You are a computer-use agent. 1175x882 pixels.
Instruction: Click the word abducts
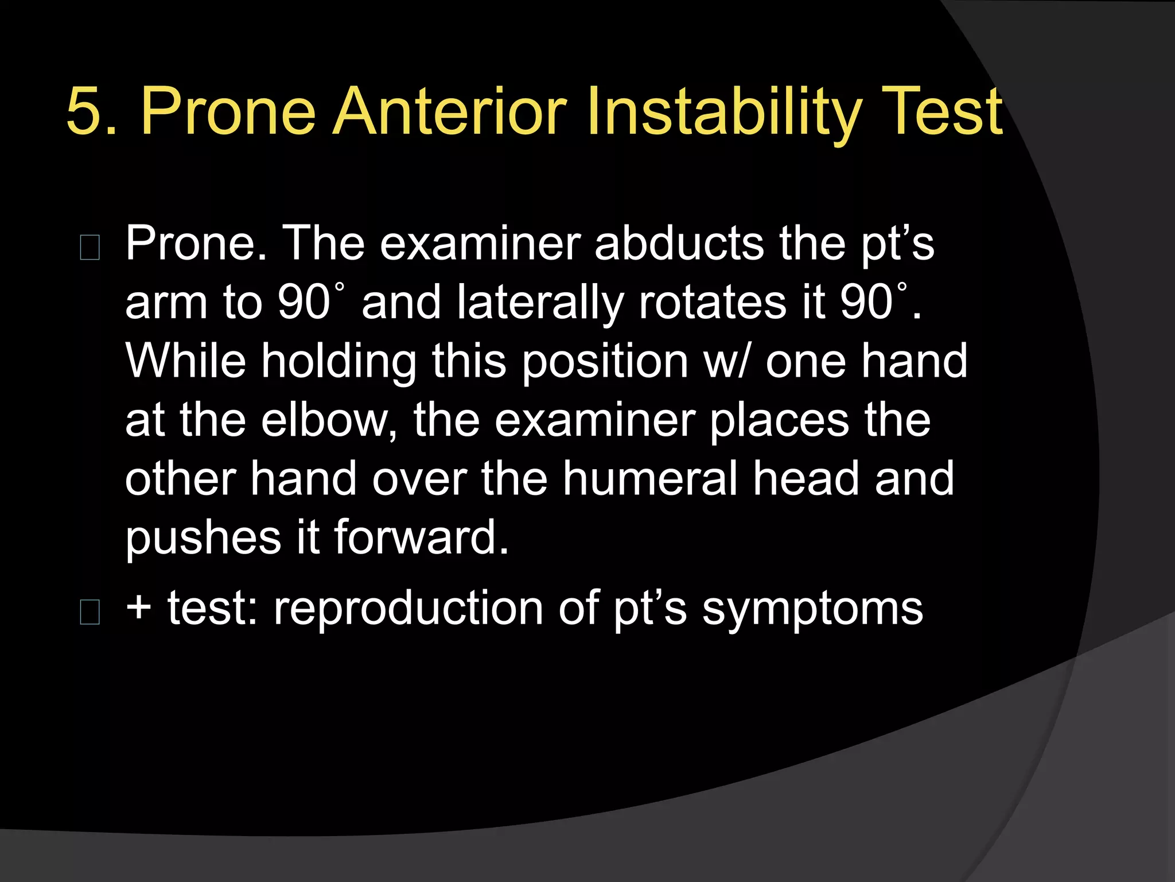[679, 243]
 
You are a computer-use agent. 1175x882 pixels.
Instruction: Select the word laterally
[540, 303]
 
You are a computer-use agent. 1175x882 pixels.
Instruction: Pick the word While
[185, 361]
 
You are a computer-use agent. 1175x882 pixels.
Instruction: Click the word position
[605, 362]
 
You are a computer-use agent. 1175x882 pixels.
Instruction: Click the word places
[780, 421]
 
